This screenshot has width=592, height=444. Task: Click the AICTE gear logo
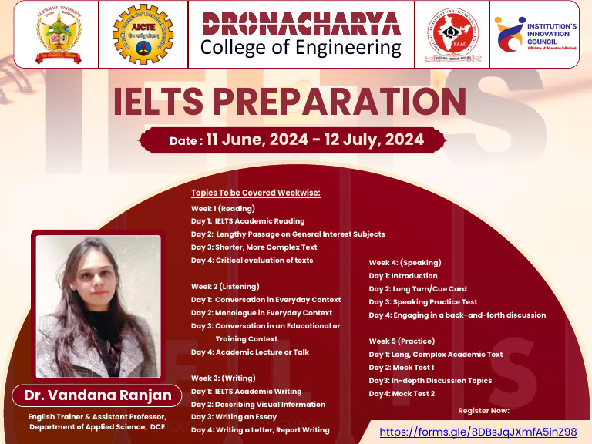(143, 34)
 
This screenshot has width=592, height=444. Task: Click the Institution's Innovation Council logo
(538, 34)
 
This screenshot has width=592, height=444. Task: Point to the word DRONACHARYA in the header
(301, 22)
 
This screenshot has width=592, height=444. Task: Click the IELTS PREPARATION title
(290, 103)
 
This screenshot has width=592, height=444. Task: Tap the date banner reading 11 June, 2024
(296, 140)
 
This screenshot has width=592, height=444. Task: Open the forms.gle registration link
(478, 432)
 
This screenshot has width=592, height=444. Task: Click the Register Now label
(483, 411)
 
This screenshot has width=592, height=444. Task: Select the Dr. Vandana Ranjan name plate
(96, 396)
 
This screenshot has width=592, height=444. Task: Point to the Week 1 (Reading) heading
(223, 208)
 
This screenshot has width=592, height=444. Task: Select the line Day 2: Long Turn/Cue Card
(417, 289)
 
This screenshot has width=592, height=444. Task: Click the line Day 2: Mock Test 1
(401, 368)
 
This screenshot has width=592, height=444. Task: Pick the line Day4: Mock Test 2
(402, 394)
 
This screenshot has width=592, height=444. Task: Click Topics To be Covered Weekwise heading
(255, 193)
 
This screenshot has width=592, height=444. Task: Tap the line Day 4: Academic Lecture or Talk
(250, 352)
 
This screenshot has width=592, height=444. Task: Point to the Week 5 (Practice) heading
(402, 341)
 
